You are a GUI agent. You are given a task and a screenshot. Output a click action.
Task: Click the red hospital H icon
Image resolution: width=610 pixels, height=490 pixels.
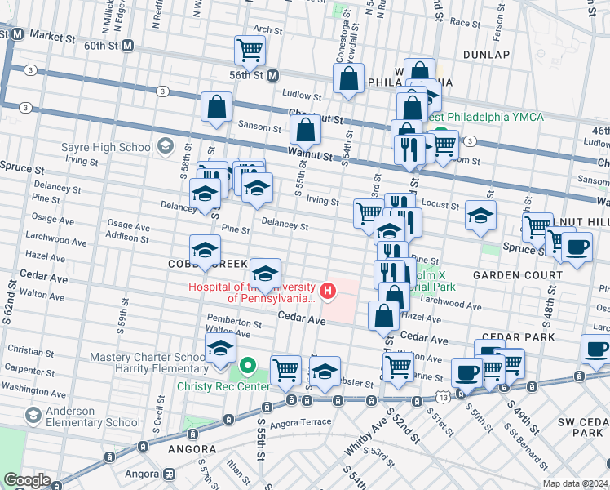tap(328, 290)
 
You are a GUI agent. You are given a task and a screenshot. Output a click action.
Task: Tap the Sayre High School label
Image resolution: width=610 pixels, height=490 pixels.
tap(108, 148)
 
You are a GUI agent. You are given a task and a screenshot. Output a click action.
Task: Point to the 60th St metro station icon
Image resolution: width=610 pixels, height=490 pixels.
tap(127, 47)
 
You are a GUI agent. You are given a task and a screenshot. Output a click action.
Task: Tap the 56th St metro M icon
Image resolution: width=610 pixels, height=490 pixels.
tap(273, 74)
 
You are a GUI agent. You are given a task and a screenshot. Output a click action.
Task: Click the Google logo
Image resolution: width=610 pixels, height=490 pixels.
tap(27, 481)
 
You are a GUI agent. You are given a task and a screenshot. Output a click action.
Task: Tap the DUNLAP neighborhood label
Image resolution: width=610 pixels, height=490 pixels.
tap(486, 54)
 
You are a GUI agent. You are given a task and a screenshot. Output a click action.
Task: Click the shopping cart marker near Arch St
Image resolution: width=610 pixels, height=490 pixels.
tap(250, 50)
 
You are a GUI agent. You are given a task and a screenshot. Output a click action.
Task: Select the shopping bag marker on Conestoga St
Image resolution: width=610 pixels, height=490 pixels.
tap(349, 79)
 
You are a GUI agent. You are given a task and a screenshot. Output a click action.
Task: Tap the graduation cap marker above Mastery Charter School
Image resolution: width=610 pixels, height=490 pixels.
tap(220, 348)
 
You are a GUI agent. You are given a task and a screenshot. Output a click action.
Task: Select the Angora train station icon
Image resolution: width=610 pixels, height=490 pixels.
tap(169, 473)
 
